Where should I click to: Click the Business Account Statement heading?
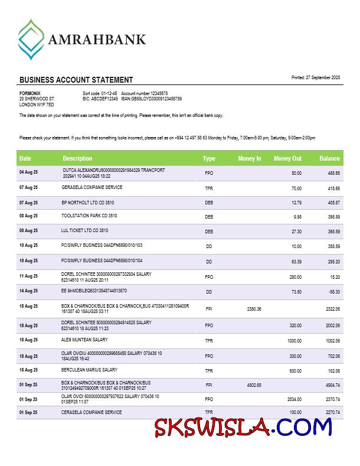coord(76,80)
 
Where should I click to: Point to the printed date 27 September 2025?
coord(316,77)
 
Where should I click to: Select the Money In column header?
coord(249,158)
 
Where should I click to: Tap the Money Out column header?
coord(287,158)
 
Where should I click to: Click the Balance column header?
coord(329,158)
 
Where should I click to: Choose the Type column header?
coord(209,158)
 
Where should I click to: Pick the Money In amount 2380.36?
coord(254,309)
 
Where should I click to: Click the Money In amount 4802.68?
coord(254,385)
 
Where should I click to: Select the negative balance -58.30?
coord(333,292)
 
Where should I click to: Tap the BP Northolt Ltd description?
coord(88,203)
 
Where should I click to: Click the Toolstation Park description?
coord(89,216)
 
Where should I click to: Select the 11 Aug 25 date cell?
coord(28,276)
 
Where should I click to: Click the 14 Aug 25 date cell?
coord(28,291)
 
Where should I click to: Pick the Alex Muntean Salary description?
coord(84,340)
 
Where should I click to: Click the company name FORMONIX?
coord(30,93)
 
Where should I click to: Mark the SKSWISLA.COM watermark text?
coord(243,426)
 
